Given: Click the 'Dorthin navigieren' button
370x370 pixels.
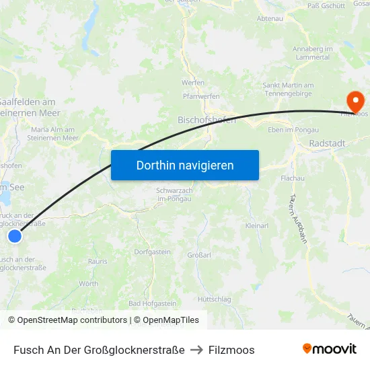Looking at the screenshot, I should click(x=185, y=165).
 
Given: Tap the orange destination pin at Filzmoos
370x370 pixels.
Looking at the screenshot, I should click(x=355, y=102).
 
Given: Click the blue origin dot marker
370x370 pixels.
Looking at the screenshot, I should click(x=15, y=235).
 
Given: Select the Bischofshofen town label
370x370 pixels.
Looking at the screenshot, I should click(x=207, y=120).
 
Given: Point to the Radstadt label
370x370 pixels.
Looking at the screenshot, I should click(x=327, y=143).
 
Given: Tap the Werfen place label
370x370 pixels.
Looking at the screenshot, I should click(x=193, y=82).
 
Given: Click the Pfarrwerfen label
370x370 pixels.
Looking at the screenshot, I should click(x=196, y=96).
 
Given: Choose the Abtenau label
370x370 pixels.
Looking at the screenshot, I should click(x=270, y=19).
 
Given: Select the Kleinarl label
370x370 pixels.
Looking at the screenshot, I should click(x=257, y=225).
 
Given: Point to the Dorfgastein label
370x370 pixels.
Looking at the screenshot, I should click(x=150, y=251).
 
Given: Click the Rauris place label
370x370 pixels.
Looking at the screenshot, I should click(x=98, y=261).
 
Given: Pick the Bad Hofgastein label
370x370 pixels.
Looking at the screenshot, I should click(x=152, y=303).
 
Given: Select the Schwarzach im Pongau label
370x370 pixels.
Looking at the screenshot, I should click(x=174, y=194).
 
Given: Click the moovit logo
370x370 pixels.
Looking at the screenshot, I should click(x=329, y=349).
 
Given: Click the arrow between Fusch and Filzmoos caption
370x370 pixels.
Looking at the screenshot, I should click(x=196, y=350).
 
